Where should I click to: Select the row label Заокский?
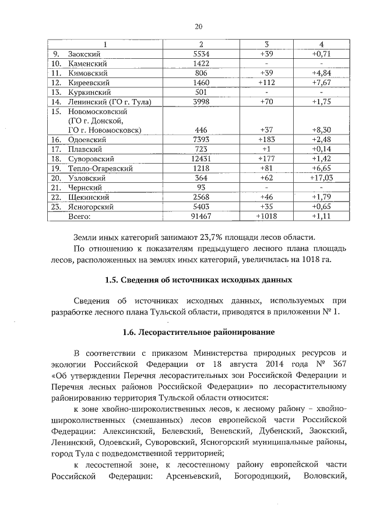[x=82, y=54]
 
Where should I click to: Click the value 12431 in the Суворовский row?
[x=201, y=159]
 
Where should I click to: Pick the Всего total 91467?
[x=201, y=215]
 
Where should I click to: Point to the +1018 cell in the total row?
[x=266, y=215]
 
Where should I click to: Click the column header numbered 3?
[x=266, y=45]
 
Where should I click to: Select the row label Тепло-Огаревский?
[x=100, y=168]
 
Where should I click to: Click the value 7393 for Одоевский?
[x=201, y=140]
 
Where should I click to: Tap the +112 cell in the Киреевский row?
[x=266, y=83]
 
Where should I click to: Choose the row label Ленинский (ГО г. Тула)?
[x=110, y=102]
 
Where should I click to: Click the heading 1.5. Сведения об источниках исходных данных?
[x=198, y=280]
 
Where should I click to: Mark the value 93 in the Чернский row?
[x=201, y=188]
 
